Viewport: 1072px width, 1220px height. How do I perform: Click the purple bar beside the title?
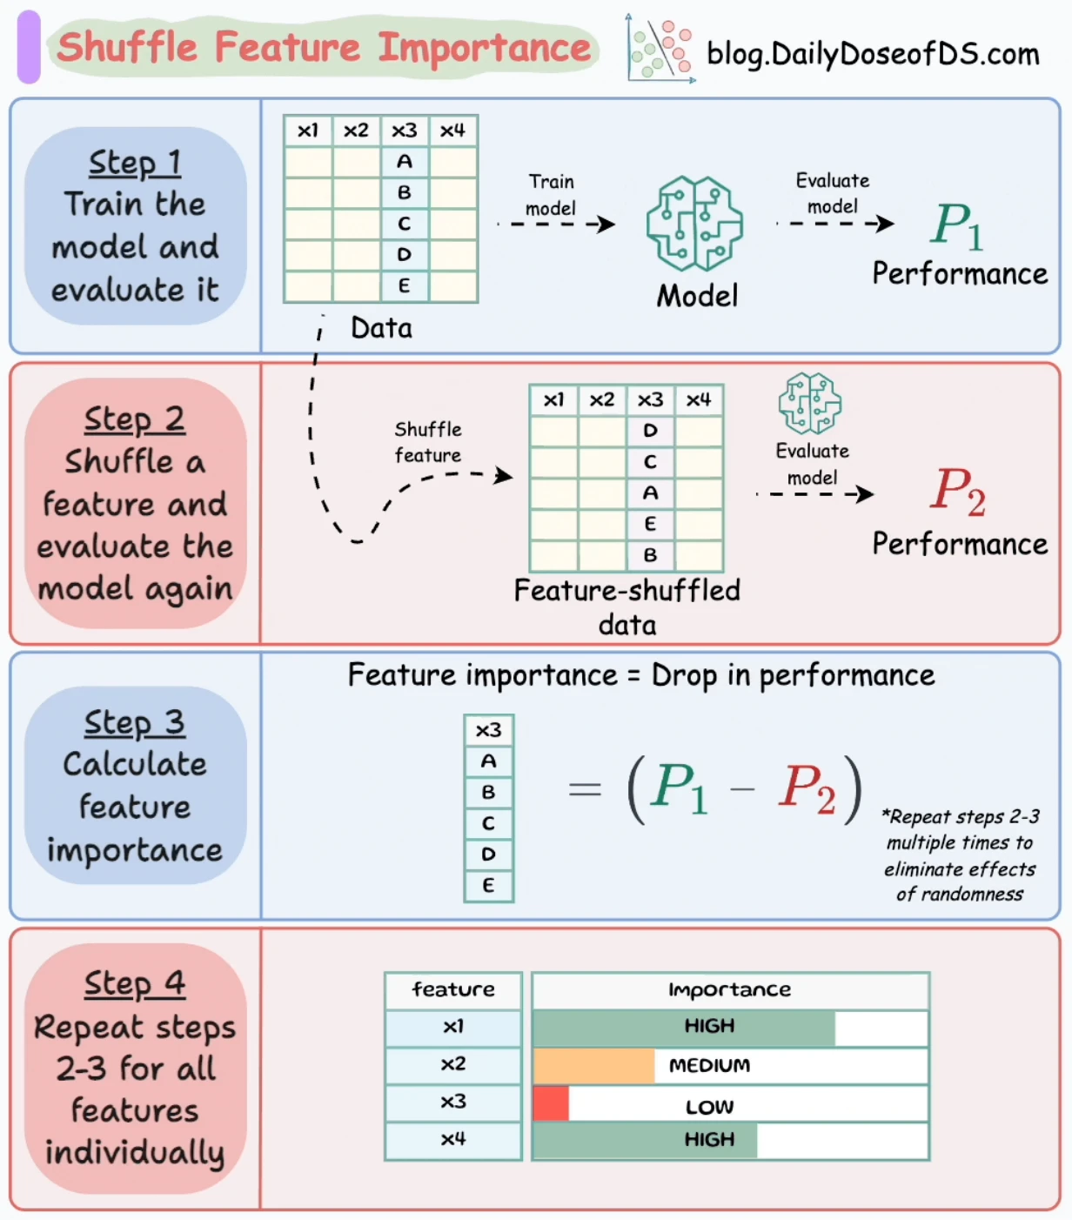click(29, 46)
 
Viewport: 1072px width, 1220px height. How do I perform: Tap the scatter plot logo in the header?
click(660, 48)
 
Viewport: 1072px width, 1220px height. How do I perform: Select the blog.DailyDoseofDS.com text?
click(873, 54)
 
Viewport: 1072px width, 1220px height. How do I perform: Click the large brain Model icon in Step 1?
click(695, 223)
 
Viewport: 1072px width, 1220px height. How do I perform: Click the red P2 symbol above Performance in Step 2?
click(957, 491)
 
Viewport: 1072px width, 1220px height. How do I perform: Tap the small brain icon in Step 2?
click(809, 403)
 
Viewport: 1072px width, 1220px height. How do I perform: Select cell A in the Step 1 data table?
click(405, 161)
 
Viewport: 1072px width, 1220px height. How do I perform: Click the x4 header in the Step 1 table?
click(452, 131)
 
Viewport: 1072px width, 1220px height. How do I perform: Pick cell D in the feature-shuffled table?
click(651, 431)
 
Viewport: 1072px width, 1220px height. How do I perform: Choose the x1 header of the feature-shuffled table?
click(554, 399)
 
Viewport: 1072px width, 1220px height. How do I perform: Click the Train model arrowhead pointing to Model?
click(606, 225)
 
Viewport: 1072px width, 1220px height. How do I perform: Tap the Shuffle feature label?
click(428, 442)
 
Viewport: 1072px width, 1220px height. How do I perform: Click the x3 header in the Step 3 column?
click(488, 730)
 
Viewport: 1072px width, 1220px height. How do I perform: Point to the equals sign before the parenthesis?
click(585, 789)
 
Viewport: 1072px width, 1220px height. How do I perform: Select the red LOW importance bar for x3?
click(551, 1103)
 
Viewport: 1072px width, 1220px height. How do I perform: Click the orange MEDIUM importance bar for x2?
click(593, 1065)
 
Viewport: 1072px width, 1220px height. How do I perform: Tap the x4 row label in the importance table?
click(452, 1139)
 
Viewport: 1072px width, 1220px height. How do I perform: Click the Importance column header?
click(730, 989)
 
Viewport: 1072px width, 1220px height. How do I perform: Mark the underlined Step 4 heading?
click(135, 983)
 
